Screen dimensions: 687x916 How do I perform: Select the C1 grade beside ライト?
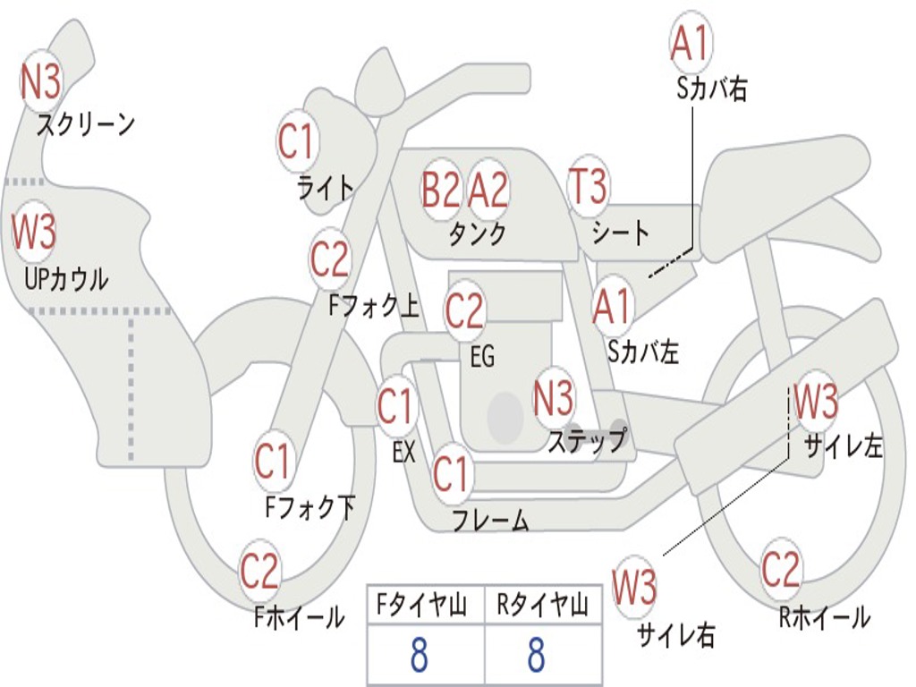pyautogui.click(x=297, y=140)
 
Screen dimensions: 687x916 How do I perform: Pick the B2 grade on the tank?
pyautogui.click(x=441, y=190)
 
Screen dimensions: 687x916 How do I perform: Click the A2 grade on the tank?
pyautogui.click(x=488, y=190)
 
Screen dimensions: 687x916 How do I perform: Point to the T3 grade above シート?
pyautogui.click(x=588, y=187)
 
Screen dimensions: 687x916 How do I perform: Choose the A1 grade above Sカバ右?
pyautogui.click(x=691, y=43)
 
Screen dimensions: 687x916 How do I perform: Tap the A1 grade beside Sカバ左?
pyautogui.click(x=613, y=307)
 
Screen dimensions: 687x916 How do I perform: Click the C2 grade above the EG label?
pyautogui.click(x=464, y=311)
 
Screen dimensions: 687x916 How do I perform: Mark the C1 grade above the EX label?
pyautogui.click(x=396, y=407)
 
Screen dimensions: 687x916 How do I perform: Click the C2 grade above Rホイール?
pyautogui.click(x=781, y=569)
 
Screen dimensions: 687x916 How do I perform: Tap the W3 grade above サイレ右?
pyautogui.click(x=634, y=588)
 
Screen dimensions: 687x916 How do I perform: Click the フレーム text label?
pyautogui.click(x=489, y=521)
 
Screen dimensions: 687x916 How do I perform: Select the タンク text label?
pyautogui.click(x=477, y=233)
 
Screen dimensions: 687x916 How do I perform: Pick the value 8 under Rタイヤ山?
pyautogui.click(x=536, y=657)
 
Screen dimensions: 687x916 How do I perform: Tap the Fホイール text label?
pyautogui.click(x=299, y=616)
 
